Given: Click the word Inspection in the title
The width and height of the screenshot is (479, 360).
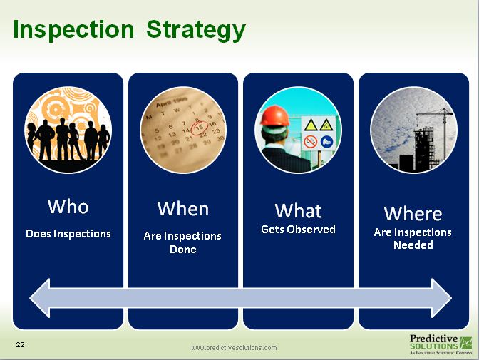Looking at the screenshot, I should click(73, 30).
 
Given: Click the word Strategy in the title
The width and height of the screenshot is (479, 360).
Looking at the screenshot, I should click(196, 31).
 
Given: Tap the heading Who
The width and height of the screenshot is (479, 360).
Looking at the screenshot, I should click(68, 207).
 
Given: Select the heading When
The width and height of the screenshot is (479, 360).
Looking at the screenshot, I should click(183, 209).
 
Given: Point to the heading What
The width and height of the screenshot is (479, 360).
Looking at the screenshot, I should click(298, 211).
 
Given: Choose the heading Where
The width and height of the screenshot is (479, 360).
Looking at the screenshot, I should click(413, 214).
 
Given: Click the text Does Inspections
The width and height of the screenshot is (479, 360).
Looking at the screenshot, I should click(68, 233).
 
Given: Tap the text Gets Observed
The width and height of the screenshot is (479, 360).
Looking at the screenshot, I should click(298, 230).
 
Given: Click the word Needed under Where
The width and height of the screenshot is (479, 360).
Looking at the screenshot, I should click(413, 245).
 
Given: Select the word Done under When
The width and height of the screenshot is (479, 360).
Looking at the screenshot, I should click(183, 250).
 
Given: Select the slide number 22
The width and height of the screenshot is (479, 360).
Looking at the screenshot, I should click(21, 345).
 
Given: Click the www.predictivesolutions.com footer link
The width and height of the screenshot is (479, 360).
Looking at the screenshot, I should click(234, 348).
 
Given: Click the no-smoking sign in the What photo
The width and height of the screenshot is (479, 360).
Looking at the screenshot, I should click(311, 142).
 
